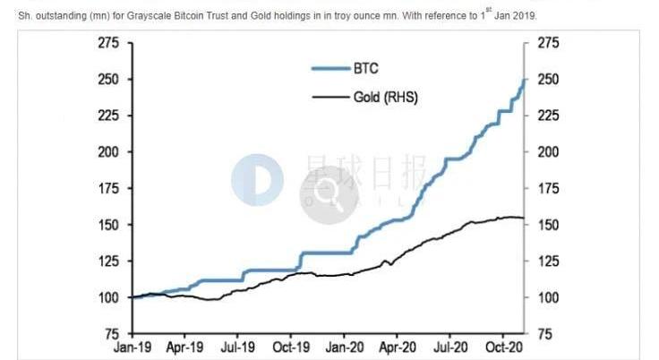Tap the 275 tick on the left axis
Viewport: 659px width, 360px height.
point(107,43)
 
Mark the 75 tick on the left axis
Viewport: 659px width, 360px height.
point(112,333)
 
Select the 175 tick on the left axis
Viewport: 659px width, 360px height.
point(107,188)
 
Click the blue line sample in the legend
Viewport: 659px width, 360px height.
point(329,68)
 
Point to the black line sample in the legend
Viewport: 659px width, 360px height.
point(329,96)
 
